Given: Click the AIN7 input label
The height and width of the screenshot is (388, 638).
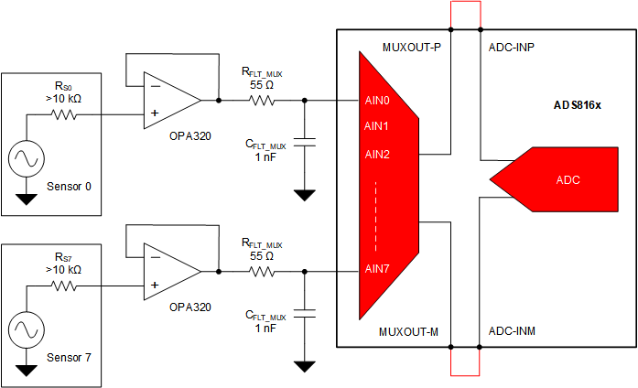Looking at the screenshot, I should [377, 268].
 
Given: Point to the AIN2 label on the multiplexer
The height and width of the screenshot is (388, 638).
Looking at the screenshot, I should [377, 153].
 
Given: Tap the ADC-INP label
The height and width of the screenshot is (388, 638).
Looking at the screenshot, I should [512, 46].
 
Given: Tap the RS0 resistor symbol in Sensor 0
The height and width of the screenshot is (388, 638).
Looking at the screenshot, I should [65, 115].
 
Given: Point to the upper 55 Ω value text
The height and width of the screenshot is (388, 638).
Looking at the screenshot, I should [262, 83].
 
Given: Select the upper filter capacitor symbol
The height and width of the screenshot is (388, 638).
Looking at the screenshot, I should [305, 141].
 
